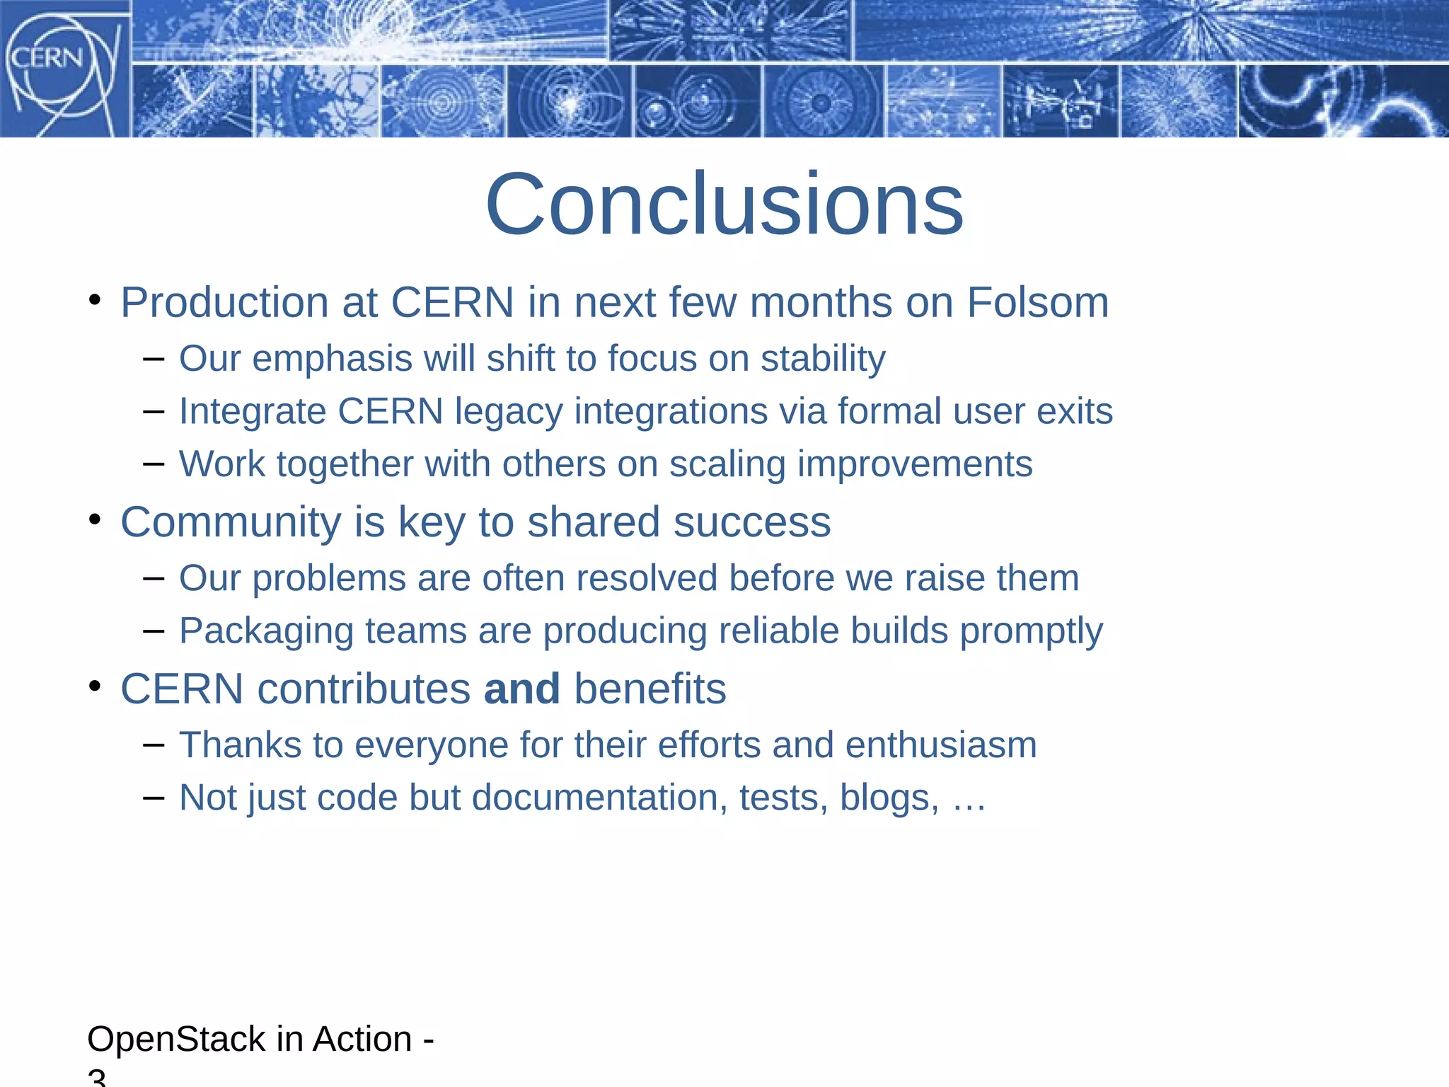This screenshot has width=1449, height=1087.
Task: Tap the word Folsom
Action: [1037, 303]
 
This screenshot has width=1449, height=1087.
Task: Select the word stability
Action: [823, 358]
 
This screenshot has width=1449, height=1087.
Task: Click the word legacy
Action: [508, 412]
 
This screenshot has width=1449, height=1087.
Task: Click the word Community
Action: [231, 522]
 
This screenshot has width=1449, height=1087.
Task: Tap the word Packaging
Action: [266, 631]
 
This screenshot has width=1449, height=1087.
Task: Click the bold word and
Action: [522, 689]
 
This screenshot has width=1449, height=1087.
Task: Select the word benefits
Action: [650, 689]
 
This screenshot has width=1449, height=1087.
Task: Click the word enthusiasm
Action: [941, 745]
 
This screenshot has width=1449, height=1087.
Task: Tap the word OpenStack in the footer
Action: [176, 1040]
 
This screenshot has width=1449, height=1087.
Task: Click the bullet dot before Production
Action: [95, 300]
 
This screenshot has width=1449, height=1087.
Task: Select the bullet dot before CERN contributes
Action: [95, 686]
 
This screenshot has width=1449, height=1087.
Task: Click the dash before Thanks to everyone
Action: [154, 744]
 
